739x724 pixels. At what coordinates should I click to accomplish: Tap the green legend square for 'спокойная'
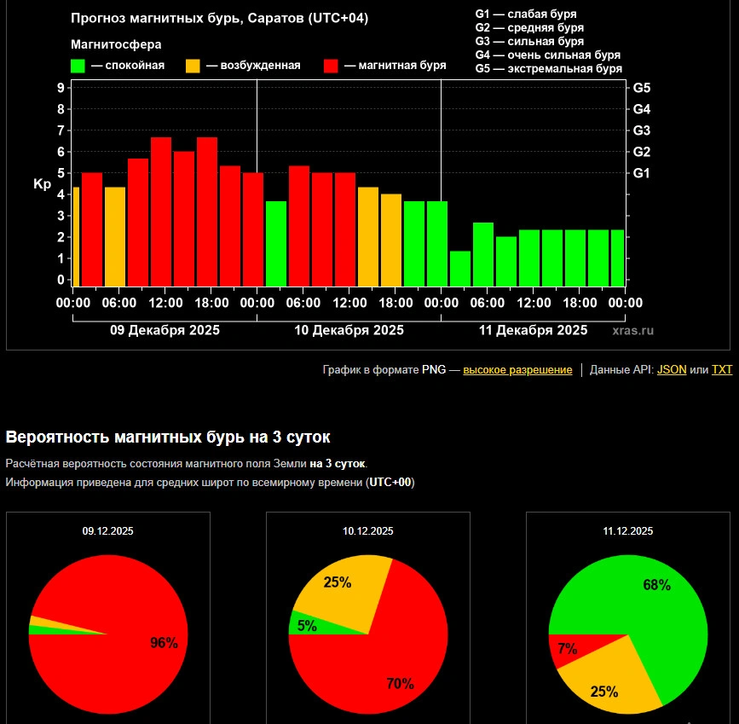78,66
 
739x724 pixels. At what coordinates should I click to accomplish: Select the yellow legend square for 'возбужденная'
193,66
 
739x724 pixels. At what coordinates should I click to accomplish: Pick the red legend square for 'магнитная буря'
332,66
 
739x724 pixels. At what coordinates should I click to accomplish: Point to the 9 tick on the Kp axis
61,87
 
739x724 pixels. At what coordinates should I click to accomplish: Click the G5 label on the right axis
642,87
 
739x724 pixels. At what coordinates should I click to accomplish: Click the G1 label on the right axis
642,172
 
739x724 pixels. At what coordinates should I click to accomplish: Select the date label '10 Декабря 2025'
349,330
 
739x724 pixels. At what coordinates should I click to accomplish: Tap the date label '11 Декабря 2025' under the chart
533,330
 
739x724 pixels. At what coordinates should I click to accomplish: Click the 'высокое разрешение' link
517,370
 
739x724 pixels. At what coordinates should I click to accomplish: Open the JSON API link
672,370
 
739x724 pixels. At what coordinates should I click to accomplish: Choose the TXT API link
722,370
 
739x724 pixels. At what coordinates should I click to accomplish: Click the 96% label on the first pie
164,643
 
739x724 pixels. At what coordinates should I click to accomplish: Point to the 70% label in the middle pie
400,683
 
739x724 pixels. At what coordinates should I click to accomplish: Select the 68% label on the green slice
656,585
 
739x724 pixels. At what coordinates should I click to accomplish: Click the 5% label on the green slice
307,626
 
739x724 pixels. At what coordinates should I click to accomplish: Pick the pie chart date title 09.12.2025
108,530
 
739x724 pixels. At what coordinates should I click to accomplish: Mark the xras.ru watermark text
632,330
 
